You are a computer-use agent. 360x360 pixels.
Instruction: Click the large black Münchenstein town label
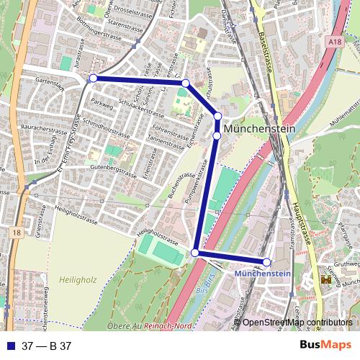click(259, 128)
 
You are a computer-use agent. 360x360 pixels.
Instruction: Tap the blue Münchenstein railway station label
click(262, 274)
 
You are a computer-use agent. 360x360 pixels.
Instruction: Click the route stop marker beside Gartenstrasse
click(93, 78)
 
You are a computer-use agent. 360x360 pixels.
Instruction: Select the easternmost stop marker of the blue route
click(266, 262)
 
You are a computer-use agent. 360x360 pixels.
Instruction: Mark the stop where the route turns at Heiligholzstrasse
click(195, 253)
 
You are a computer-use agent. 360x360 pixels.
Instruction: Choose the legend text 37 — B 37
click(47, 346)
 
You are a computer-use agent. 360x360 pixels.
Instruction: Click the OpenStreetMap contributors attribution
click(297, 323)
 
